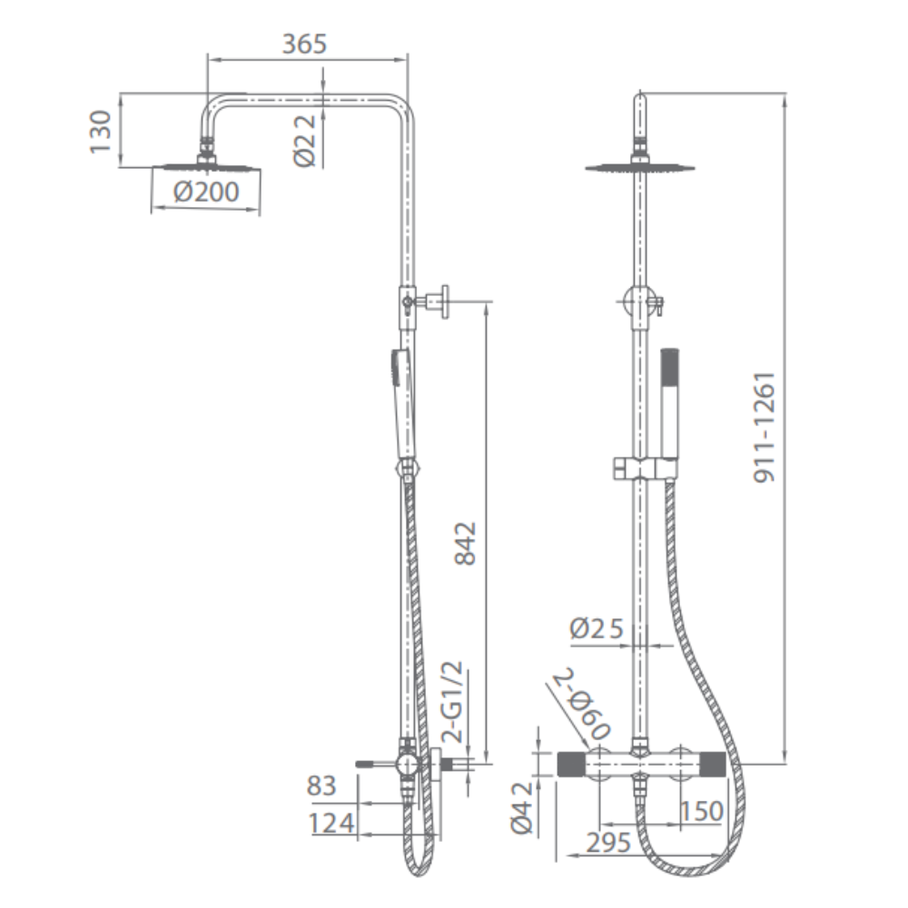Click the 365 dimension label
tap(304, 44)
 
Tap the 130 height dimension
tap(100, 132)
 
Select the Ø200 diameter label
tap(206, 192)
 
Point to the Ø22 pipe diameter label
tap(306, 140)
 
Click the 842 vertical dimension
tap(465, 543)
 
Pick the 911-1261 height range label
tap(765, 428)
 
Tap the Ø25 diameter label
tap(597, 628)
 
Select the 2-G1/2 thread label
tap(453, 702)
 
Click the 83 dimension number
tap(321, 785)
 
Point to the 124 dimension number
tap(331, 824)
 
